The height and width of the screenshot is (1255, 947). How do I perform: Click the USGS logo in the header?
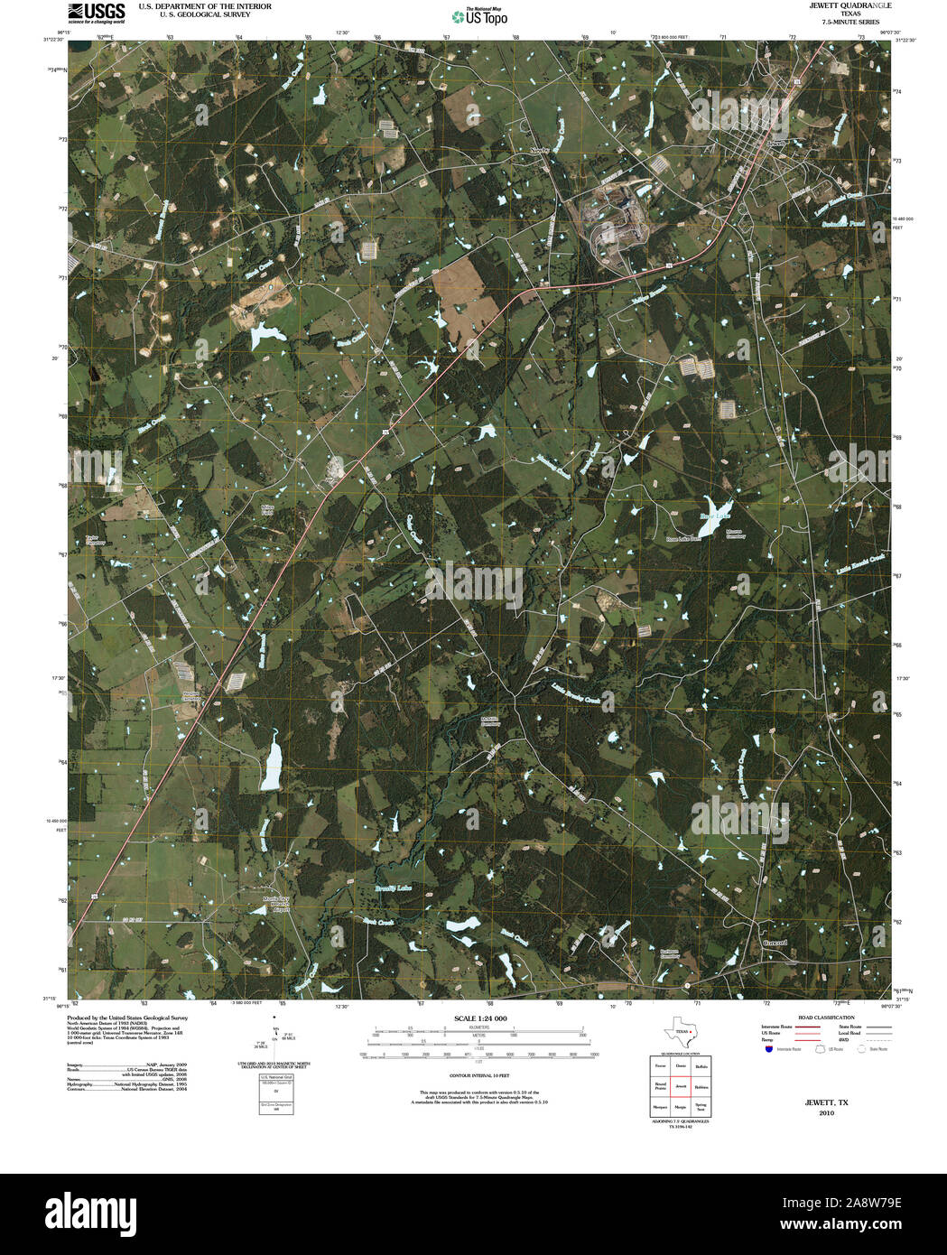[x=97, y=12]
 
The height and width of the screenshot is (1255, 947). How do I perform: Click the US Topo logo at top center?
[x=480, y=15]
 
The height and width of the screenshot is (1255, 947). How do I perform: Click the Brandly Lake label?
[x=393, y=888]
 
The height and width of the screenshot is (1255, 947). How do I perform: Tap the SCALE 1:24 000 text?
[x=480, y=1018]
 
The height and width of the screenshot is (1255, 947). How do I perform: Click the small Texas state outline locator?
[x=678, y=1032]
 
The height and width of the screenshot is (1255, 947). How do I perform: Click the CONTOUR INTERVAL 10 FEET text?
[x=480, y=1076]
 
